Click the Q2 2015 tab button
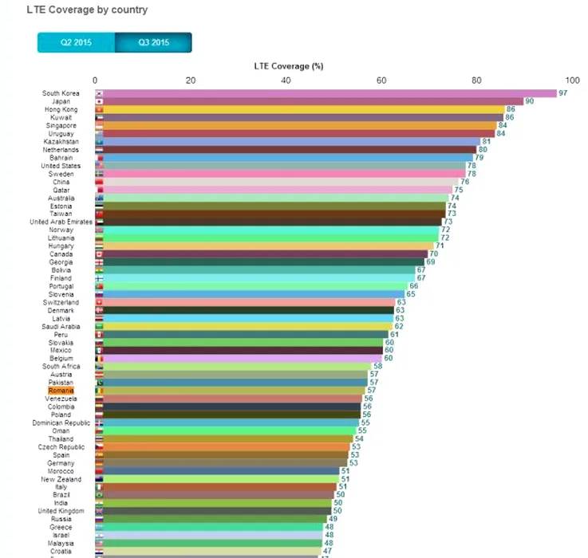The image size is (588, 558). (x=76, y=42)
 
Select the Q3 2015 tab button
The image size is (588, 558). (x=153, y=42)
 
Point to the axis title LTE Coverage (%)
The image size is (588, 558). (x=288, y=66)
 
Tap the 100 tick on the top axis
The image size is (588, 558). (x=572, y=80)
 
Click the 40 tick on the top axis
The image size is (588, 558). (x=286, y=80)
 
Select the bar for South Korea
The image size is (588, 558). (x=326, y=93)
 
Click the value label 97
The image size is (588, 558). (x=562, y=93)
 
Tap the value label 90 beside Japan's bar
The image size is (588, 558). (x=529, y=101)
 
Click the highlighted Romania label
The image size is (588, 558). (x=61, y=391)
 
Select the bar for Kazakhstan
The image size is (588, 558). (x=288, y=141)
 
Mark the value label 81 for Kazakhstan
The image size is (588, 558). (x=486, y=141)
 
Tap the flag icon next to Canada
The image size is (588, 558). (x=99, y=254)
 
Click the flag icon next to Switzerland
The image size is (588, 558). (x=99, y=302)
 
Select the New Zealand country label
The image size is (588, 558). (x=61, y=479)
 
